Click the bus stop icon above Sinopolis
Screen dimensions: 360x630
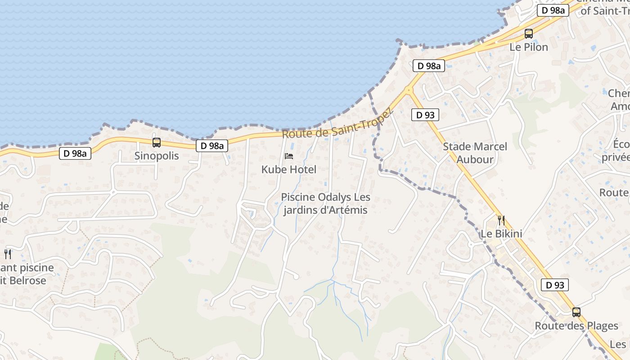pos(157,143)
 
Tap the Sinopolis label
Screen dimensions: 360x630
pos(157,156)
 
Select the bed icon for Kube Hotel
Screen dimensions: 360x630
pos(289,156)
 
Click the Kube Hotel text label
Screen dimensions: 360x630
pos(289,170)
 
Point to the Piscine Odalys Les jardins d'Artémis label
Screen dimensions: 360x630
pos(325,204)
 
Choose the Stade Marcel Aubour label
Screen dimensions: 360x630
pos(475,153)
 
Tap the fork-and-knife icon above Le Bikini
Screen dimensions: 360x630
pos(501,220)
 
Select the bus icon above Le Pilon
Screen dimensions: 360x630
pos(529,34)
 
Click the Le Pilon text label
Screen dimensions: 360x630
pos(529,47)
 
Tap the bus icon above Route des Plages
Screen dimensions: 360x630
pos(576,312)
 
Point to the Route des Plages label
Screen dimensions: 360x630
pos(576,326)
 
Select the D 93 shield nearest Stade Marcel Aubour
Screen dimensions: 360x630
pos(425,115)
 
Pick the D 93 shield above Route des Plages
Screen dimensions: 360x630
pos(555,285)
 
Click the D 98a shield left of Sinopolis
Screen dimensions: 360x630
pos(75,153)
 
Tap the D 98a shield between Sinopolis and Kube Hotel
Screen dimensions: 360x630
pos(212,146)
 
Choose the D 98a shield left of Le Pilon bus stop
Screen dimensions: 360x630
pos(429,66)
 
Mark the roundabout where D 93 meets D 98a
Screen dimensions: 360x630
pos(409,90)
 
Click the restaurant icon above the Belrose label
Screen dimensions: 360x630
pos(8,254)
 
